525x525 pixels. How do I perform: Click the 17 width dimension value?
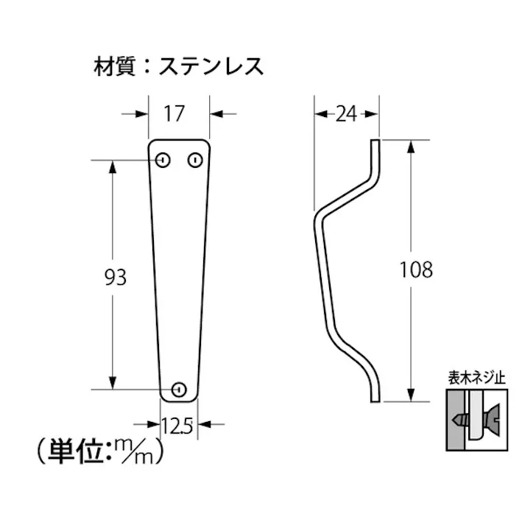point(174,113)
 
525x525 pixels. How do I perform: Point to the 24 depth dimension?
point(346,113)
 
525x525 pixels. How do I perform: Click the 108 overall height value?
point(416,269)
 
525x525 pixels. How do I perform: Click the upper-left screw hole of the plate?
point(163,159)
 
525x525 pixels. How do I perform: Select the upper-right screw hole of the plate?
point(195,159)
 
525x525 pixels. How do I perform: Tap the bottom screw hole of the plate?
point(179,389)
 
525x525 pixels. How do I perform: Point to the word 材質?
point(111,66)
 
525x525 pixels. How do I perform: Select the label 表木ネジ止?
point(476,378)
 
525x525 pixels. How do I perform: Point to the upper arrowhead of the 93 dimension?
point(113,166)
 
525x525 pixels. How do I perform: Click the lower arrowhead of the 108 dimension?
point(410,395)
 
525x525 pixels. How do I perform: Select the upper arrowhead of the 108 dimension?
point(410,145)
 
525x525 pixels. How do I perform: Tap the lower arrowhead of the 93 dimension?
point(113,382)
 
